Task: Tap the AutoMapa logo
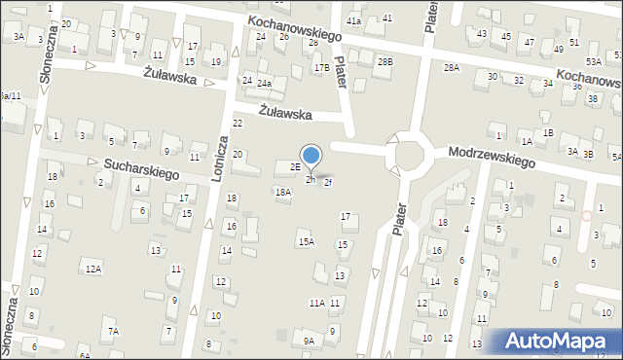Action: click(x=559, y=341)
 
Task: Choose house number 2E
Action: click(x=294, y=167)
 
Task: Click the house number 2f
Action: click(x=328, y=182)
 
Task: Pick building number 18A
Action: click(x=282, y=193)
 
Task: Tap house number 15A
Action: click(x=306, y=241)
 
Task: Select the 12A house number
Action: click(x=93, y=268)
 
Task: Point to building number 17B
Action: click(x=321, y=67)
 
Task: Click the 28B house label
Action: click(x=385, y=62)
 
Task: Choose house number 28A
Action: click(x=451, y=67)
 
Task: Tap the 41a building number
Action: click(x=354, y=20)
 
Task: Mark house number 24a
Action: click(x=264, y=84)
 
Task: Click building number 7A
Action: click(x=113, y=332)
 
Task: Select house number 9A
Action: click(x=309, y=341)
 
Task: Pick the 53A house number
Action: click(x=593, y=62)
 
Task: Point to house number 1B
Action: click(x=549, y=132)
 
